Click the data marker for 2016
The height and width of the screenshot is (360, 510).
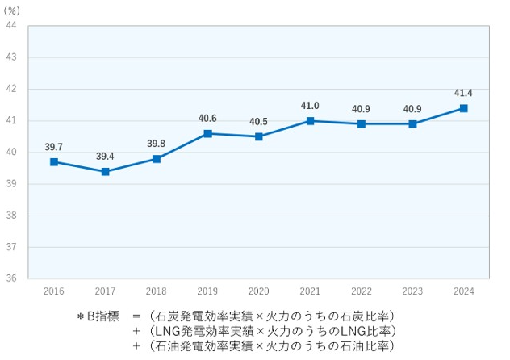tap(54, 162)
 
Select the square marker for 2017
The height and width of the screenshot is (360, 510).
tap(105, 172)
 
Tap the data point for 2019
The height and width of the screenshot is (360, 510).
tap(207, 133)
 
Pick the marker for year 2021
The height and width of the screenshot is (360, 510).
tap(310, 121)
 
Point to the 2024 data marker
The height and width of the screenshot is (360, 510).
tap(463, 108)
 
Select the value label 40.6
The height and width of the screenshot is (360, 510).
tap(207, 119)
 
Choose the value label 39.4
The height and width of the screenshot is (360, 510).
tap(105, 157)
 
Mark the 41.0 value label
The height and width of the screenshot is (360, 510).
tap(310, 106)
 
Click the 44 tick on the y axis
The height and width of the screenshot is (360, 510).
tap(12, 26)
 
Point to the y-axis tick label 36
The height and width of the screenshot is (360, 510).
tap(12, 278)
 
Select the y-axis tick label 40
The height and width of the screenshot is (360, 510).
tap(12, 153)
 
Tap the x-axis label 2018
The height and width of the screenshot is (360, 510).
tap(157, 291)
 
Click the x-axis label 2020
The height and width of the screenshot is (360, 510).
tap(259, 291)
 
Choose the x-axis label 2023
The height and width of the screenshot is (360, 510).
tap(412, 291)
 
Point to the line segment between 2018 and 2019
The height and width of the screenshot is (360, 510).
tap(182, 146)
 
